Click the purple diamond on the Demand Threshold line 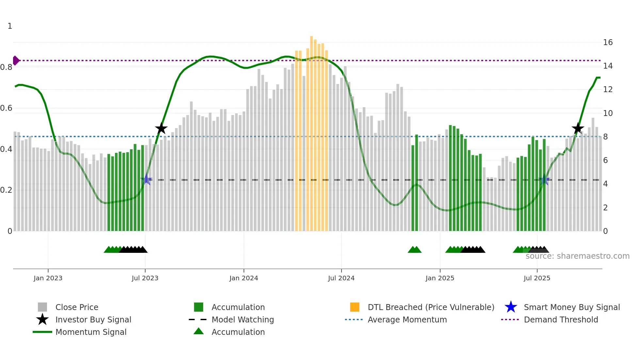pos(16,60)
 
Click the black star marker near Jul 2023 pos(161,128)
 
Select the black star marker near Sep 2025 pos(578,128)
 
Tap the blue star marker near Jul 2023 pos(147,179)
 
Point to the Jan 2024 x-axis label pos(244,278)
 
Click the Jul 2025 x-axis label pos(537,278)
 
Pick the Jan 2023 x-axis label pos(48,278)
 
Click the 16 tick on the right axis pos(608,42)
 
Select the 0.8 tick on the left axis pos(6,67)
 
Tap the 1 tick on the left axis pos(10,26)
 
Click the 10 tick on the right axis pos(608,113)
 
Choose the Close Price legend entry pos(77,307)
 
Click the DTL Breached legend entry pos(431,307)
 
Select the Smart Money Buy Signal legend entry pos(571,307)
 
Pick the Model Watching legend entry pos(242,319)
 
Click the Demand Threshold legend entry pos(561,319)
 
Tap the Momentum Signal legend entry pos(91,332)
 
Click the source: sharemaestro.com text pos(577,256)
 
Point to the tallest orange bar pos(312,131)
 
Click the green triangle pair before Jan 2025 pos(415,250)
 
